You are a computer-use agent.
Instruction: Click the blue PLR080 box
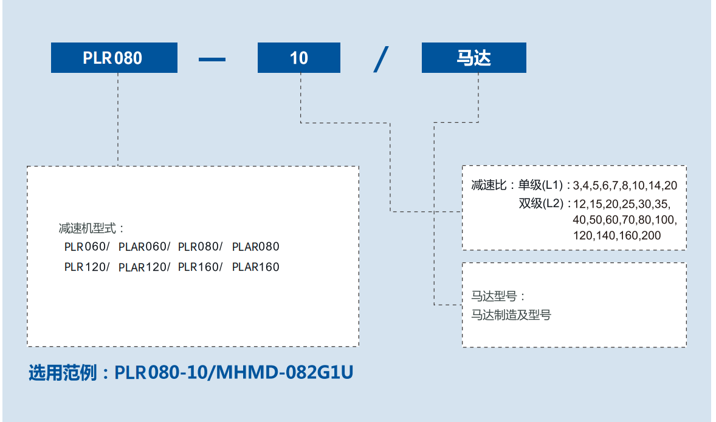pyautogui.click(x=114, y=58)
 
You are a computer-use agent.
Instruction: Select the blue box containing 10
pyautogui.click(x=299, y=58)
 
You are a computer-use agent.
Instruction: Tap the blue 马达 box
pyautogui.click(x=473, y=58)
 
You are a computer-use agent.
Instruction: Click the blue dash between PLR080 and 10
pyautogui.click(x=212, y=59)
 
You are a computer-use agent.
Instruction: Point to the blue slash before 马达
pyautogui.click(x=381, y=58)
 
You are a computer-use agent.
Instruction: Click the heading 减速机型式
pyautogui.click(x=91, y=229)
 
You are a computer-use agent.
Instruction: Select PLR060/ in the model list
pyautogui.click(x=87, y=247)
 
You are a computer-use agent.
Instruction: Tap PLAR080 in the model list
pyautogui.click(x=256, y=247)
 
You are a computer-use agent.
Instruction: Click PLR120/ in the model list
pyautogui.click(x=87, y=267)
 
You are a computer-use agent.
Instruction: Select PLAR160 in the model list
pyautogui.click(x=256, y=267)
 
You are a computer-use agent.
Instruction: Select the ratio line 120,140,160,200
pyautogui.click(x=616, y=236)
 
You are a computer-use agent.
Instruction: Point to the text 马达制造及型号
pyautogui.click(x=511, y=315)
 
